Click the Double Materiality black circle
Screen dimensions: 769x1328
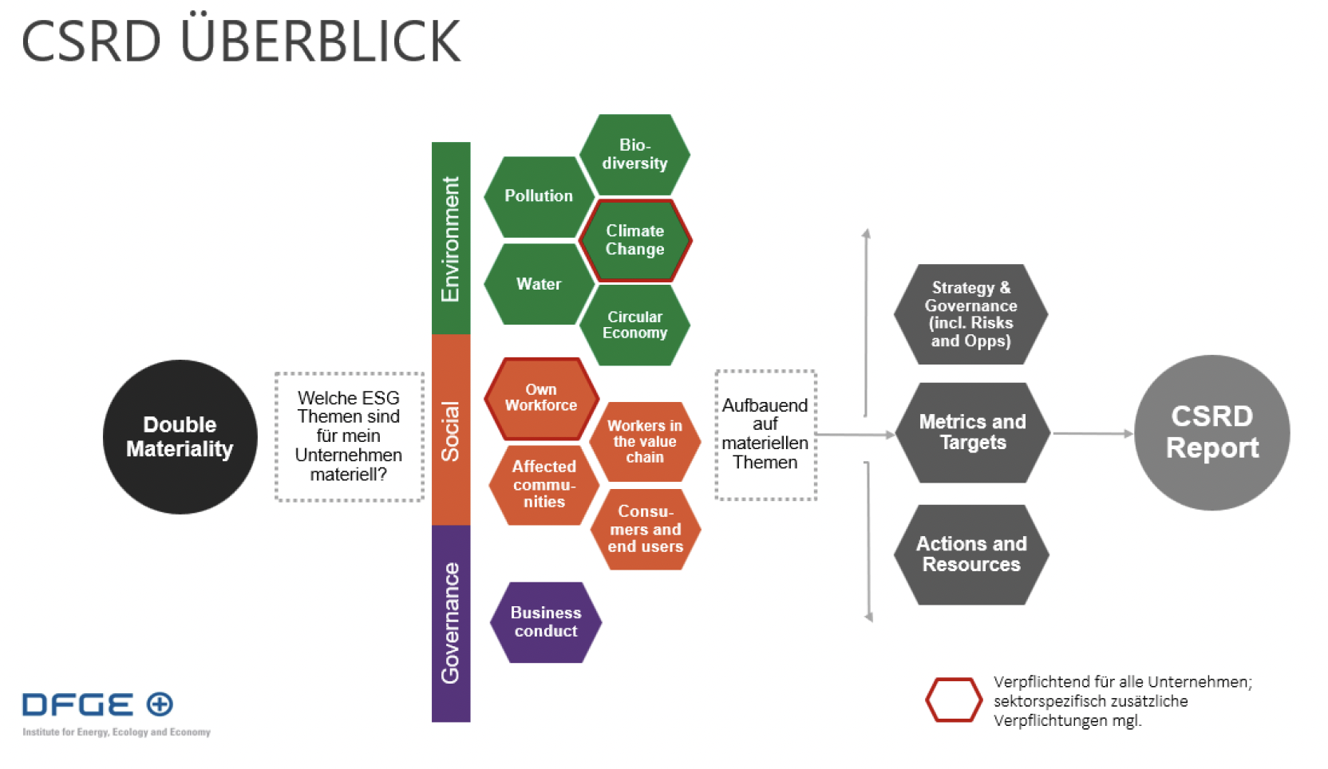coord(180,436)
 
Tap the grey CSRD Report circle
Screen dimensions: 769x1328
coord(1211,432)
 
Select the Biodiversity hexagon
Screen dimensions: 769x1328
coord(634,154)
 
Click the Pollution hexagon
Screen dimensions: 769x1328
coord(539,196)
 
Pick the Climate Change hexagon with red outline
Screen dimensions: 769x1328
coord(634,240)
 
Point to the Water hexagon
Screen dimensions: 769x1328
coord(539,284)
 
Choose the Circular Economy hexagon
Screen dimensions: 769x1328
coord(634,325)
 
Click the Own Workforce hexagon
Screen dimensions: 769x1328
coord(541,398)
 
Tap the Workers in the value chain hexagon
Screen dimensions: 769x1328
coord(645,442)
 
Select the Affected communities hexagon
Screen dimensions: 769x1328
coord(543,484)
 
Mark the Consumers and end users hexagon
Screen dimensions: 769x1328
coord(646,529)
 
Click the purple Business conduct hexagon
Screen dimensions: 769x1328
coord(546,622)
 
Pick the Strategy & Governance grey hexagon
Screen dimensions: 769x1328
coord(970,314)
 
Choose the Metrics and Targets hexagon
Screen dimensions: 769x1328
coord(972,432)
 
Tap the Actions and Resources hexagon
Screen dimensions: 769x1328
coord(971,554)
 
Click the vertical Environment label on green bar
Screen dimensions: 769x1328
coord(451,239)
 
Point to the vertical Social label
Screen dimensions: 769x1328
coord(451,431)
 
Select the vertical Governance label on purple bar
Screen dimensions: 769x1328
coord(451,623)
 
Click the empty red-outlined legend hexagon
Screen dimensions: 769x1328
coord(954,700)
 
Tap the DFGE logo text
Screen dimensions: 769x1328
coord(78,704)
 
